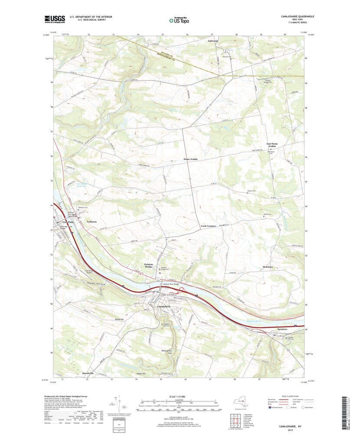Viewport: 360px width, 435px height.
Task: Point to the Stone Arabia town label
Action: tap(190, 160)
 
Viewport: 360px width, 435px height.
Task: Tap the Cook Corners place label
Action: tap(209, 226)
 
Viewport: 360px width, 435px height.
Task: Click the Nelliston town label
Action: tap(91, 221)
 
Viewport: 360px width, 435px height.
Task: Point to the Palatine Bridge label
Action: tap(149, 265)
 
